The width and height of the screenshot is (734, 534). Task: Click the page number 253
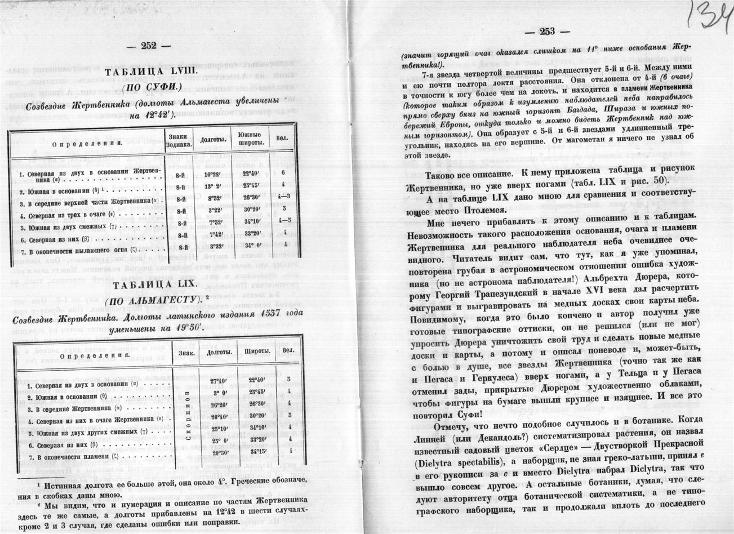pos(547,32)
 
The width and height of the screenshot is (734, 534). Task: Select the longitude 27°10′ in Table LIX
pos(216,381)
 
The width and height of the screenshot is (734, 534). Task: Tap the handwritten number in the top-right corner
pos(709,19)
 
